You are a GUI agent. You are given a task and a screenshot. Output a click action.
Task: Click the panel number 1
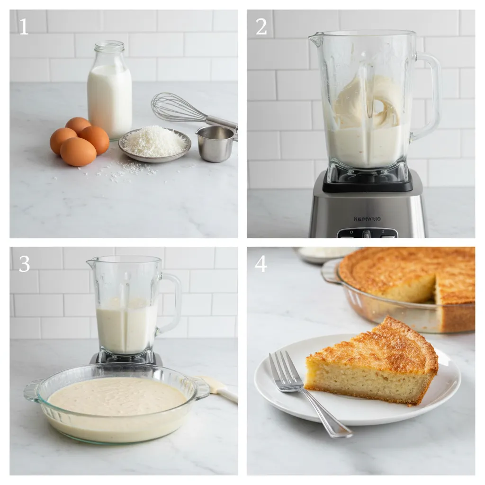[23, 27]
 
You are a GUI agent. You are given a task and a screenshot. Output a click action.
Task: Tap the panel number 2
[261, 27]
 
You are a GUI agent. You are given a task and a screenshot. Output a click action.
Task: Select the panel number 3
[24, 264]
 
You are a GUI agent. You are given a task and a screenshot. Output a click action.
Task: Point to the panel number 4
[261, 264]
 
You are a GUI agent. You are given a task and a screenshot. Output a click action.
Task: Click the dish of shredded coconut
[154, 143]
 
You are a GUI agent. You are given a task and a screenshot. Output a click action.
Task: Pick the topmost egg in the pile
[78, 125]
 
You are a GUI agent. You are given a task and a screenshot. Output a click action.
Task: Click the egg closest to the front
[78, 152]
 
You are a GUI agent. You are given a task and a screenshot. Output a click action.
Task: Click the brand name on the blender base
[367, 219]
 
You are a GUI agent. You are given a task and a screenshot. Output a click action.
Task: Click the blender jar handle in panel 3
[172, 303]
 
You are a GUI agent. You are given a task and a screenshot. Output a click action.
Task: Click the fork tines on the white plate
[284, 372]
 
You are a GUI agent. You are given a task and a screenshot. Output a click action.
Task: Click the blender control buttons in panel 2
[367, 234]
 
